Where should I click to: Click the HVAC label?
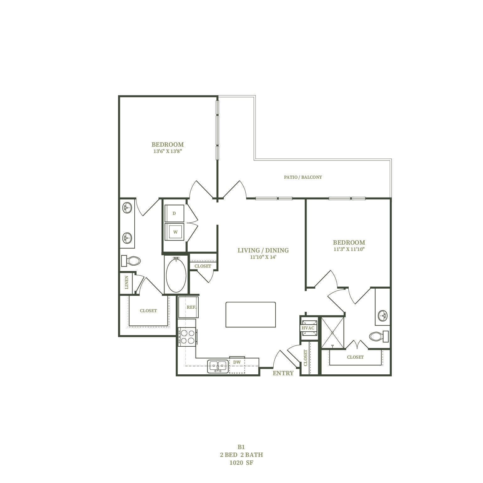308,328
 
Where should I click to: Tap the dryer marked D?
174,213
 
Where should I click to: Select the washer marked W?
174,232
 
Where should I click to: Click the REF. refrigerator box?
188,307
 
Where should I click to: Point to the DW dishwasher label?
237,362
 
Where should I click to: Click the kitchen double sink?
218,366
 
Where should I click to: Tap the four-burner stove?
187,337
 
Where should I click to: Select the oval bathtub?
176,275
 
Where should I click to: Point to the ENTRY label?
283,373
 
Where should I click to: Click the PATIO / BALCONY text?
303,177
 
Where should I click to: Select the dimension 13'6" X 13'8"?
168,151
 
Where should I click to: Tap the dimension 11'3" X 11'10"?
349,249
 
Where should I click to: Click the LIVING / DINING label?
263,250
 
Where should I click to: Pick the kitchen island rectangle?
251,315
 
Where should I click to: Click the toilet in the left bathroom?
131,260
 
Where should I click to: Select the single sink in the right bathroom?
383,315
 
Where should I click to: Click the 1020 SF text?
241,463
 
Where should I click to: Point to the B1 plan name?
241,447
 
